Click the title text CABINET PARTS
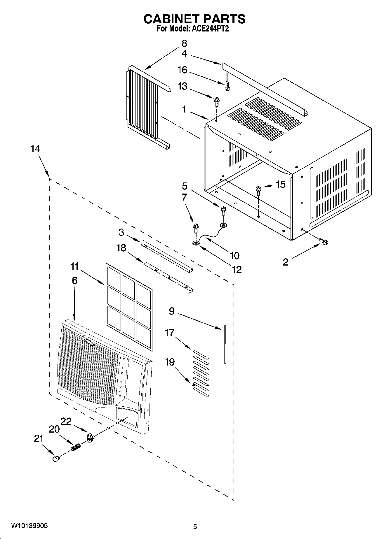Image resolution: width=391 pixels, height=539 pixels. coord(195,19)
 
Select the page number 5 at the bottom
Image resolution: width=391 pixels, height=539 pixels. coord(195,526)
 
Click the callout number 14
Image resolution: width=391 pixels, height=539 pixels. coord(35,149)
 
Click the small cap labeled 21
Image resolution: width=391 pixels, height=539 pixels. coord(56,459)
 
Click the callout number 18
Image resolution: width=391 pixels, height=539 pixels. coord(121,248)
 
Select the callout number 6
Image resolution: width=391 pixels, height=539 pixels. coord(75,280)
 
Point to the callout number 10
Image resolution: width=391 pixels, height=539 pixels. coord(234,256)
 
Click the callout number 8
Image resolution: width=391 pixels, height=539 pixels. coord(184,43)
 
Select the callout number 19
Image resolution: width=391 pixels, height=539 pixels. coord(170,362)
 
